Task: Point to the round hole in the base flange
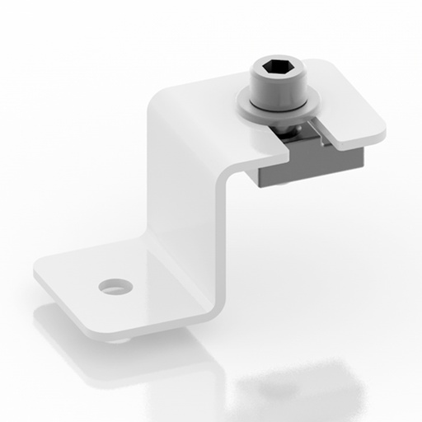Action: click(115, 286)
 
